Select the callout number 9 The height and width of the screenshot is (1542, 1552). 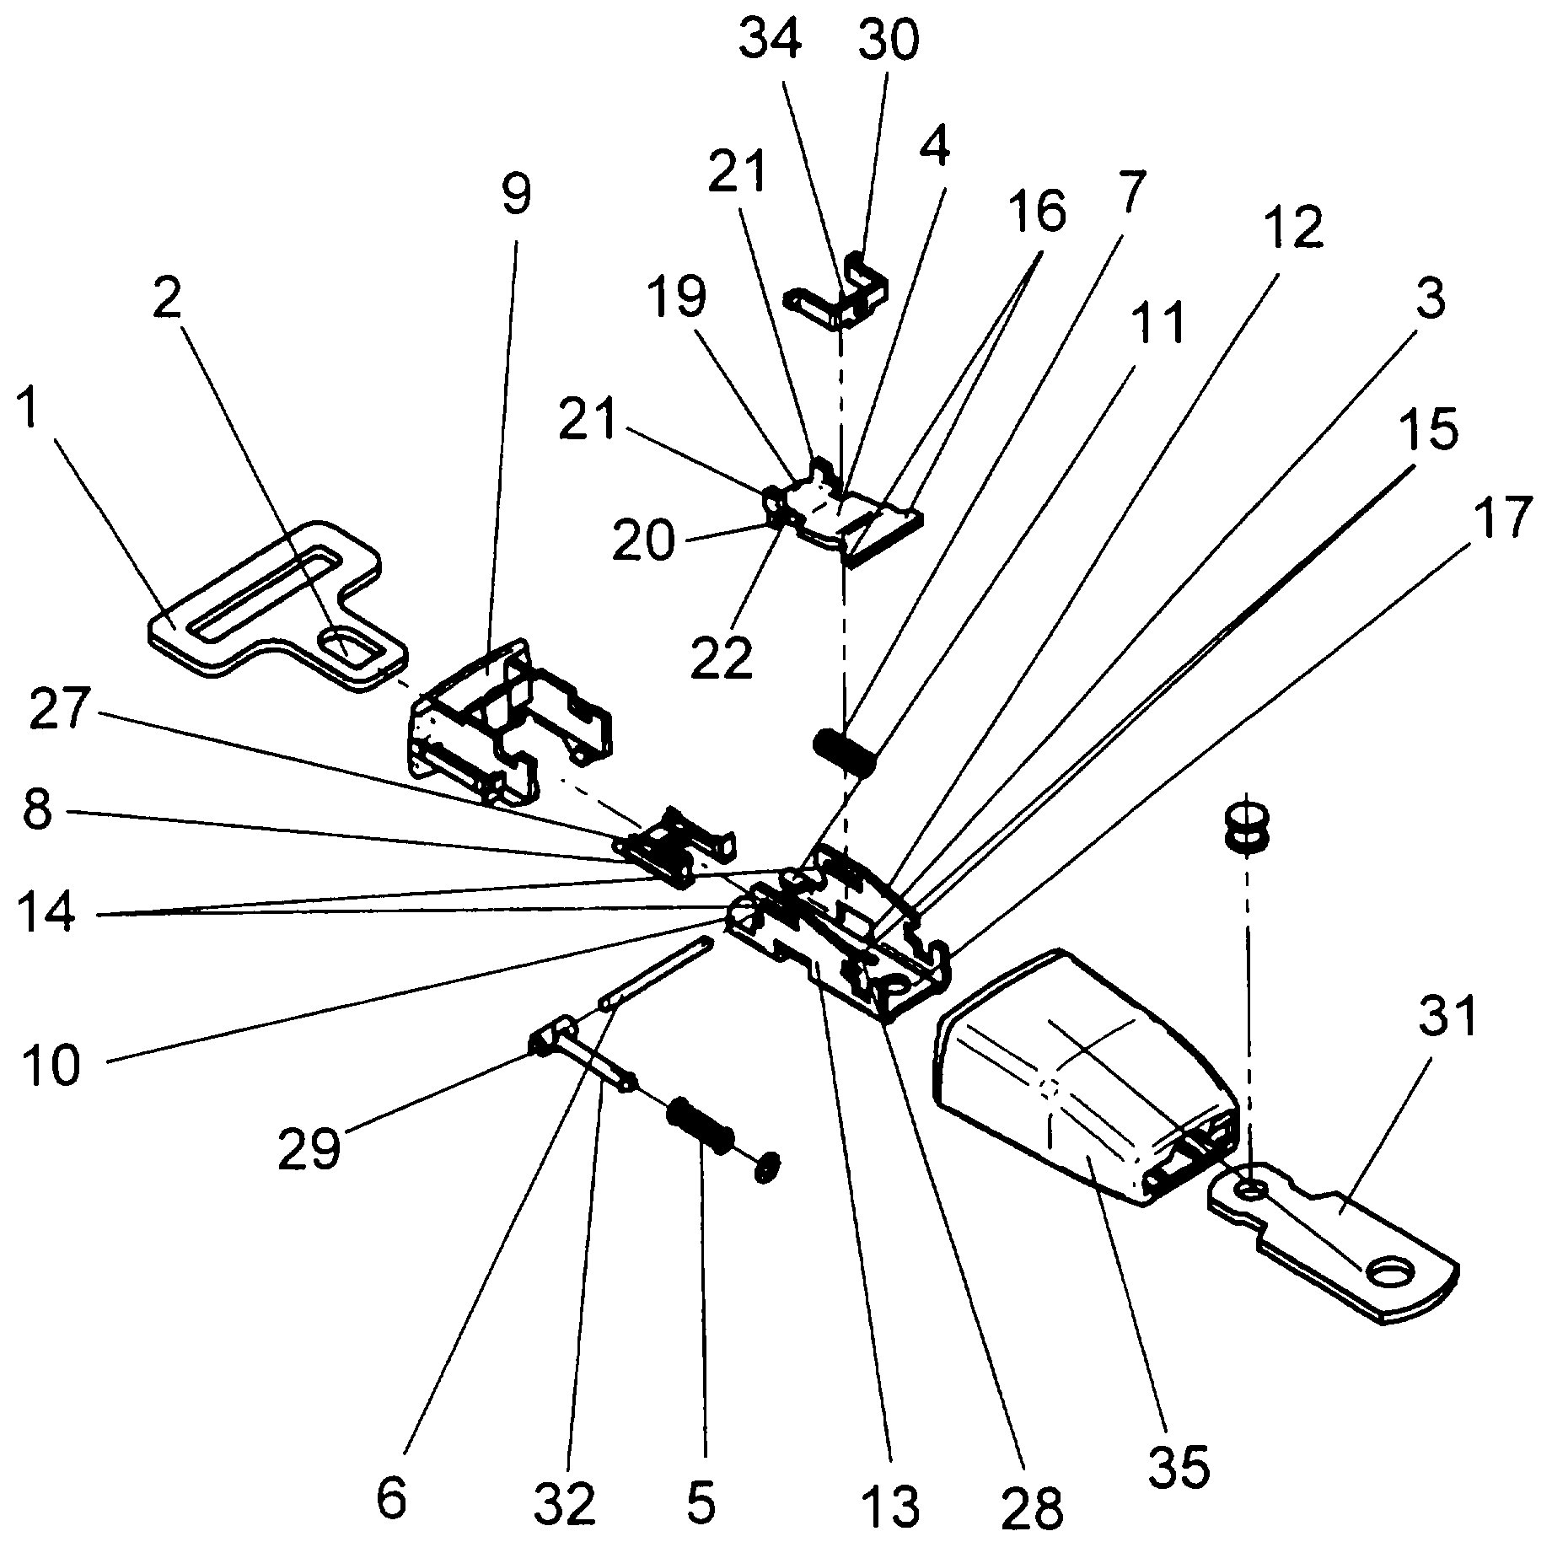[x=515, y=196]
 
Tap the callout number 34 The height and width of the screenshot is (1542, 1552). [x=769, y=42]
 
